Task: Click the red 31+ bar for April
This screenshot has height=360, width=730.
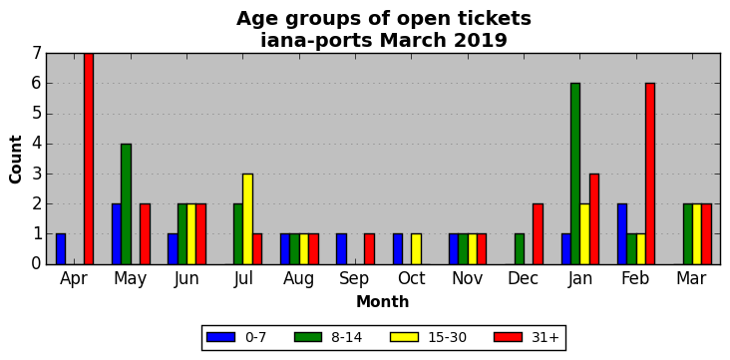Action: [x=89, y=159]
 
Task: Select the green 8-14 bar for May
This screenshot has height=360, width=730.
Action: [x=127, y=204]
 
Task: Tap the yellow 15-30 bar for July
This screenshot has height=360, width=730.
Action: [x=247, y=219]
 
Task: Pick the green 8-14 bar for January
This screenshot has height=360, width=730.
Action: [x=575, y=175]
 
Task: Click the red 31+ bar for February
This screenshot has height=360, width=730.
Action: [x=650, y=175]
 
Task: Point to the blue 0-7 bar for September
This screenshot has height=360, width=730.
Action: [x=341, y=249]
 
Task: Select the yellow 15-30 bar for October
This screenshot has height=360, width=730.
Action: [x=416, y=249]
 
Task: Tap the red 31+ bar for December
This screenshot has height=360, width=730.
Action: [x=538, y=234]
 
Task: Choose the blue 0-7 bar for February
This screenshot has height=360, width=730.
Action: [x=622, y=234]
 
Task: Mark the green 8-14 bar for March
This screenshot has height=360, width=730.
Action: [x=688, y=234]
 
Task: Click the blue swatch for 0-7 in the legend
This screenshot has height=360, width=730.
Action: [x=220, y=337]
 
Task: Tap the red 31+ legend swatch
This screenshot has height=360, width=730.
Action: [x=508, y=337]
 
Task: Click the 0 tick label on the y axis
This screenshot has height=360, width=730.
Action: [x=37, y=264]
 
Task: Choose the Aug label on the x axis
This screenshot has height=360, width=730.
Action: [x=299, y=279]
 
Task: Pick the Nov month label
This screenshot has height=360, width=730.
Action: [x=468, y=278]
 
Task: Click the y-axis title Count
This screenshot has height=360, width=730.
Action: [x=16, y=160]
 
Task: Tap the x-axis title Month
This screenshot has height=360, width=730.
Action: [x=382, y=302]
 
